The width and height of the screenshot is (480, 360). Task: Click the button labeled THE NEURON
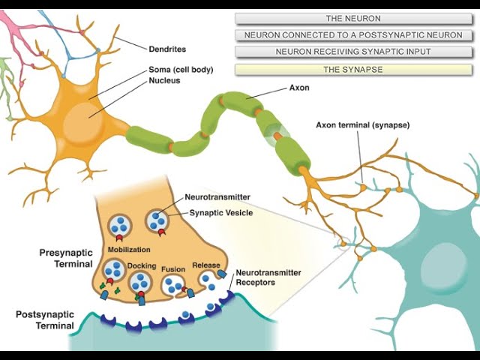352,18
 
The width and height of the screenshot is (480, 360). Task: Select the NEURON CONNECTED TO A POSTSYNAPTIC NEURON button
352,34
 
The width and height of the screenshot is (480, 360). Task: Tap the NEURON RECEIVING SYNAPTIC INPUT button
352,52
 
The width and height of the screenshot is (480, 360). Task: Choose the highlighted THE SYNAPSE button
352,69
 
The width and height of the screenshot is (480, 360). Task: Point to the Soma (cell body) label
181,70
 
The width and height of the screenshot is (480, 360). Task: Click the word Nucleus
163,80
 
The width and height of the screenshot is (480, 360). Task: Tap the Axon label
299,88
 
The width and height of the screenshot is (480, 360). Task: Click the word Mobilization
130,249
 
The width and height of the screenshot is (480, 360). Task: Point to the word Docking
142,266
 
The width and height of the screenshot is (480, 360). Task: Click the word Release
205,265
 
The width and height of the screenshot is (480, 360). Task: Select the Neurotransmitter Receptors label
268,277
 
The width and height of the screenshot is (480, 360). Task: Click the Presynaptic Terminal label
66,259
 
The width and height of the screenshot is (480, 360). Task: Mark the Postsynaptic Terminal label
45,320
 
